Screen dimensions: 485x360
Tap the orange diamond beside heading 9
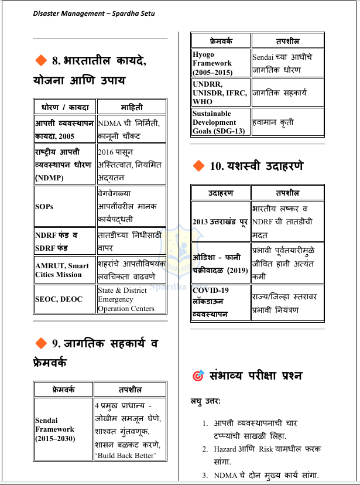coord(41,343)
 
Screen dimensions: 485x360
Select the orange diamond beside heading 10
coord(198,166)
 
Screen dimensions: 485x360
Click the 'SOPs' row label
coord(44,207)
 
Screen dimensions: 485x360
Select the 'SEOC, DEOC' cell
coord(59,299)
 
